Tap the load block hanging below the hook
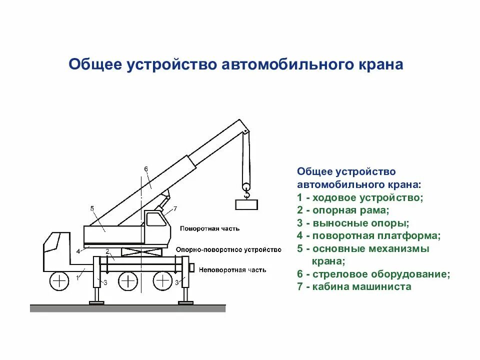pyautogui.click(x=246, y=204)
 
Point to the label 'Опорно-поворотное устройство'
pyautogui.click(x=228, y=249)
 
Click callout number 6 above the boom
pyautogui.click(x=146, y=169)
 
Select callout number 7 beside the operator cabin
pyautogui.click(x=175, y=208)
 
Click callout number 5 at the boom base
pyautogui.click(x=92, y=208)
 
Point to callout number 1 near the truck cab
pyautogui.click(x=78, y=275)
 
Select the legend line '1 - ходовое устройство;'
pyautogui.click(x=359, y=197)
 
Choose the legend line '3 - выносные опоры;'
pyautogui.click(x=352, y=223)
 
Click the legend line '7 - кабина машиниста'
pyautogui.click(x=353, y=287)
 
